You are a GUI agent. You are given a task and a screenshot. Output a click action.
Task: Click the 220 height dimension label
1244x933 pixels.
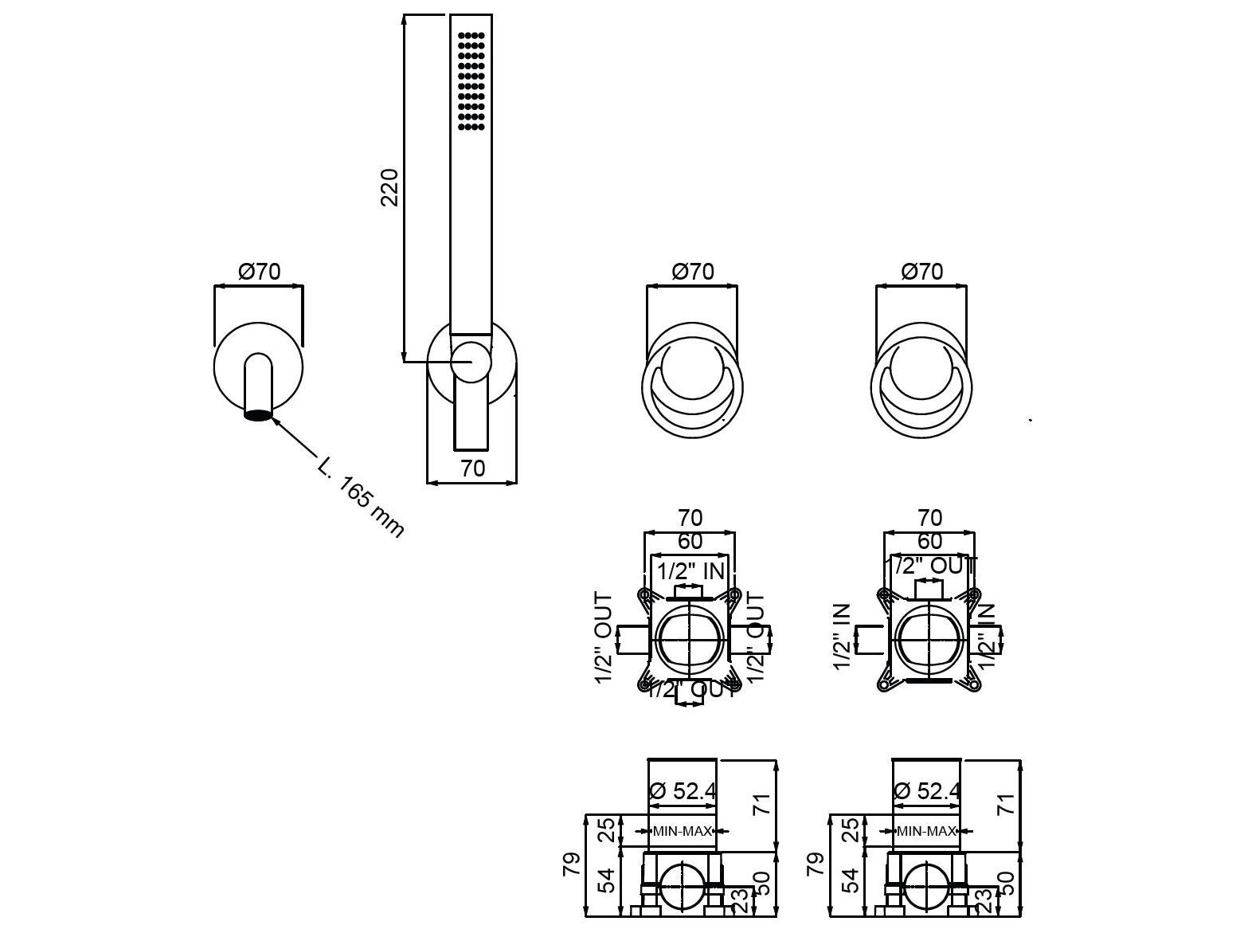(x=389, y=187)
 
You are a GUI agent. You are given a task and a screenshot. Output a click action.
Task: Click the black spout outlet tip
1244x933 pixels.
(x=258, y=414)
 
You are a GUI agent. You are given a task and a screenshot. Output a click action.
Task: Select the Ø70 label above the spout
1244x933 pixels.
(x=260, y=272)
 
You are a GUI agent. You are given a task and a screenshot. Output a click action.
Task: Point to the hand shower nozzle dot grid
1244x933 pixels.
(x=471, y=80)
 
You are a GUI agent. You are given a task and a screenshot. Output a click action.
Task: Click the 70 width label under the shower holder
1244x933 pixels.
(x=472, y=468)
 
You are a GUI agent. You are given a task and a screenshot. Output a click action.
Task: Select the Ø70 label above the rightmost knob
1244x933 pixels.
(x=921, y=272)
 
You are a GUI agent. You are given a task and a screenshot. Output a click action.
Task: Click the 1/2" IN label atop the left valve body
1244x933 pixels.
(x=691, y=570)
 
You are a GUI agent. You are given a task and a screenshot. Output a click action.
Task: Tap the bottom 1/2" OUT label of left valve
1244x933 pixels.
(x=691, y=689)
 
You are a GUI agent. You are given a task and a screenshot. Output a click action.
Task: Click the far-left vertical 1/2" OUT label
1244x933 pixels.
(x=604, y=638)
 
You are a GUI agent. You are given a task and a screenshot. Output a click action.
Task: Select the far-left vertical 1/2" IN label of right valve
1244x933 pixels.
(x=843, y=637)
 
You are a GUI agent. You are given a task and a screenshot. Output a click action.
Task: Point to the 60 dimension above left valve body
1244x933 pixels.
(x=690, y=541)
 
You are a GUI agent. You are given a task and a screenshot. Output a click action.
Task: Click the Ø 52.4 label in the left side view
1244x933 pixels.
(x=683, y=791)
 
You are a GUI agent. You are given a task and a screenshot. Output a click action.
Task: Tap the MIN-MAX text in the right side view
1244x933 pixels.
(x=926, y=831)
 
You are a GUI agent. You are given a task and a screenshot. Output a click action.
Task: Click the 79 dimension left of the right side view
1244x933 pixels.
(x=814, y=864)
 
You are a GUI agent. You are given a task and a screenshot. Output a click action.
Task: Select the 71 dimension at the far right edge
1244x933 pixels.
(x=1007, y=803)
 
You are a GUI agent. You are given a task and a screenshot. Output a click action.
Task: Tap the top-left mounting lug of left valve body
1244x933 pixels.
(x=643, y=595)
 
